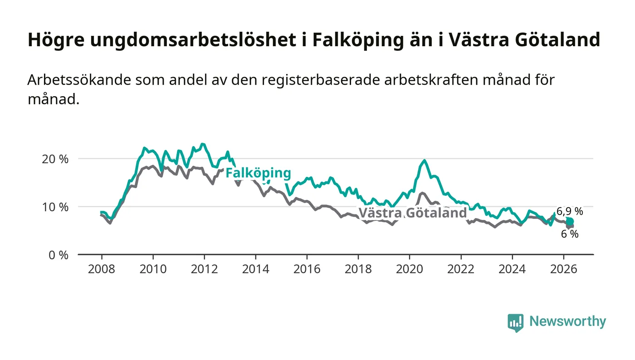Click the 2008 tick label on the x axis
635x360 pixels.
tap(102, 269)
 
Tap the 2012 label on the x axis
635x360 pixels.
tap(204, 269)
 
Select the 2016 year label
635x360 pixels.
tap(307, 269)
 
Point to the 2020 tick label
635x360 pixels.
tap(409, 269)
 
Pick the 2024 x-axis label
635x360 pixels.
tap(512, 269)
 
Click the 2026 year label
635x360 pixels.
tap(563, 269)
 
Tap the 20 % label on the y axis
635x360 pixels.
tap(55, 159)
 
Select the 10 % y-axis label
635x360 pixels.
tap(55, 207)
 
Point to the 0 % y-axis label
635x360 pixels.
tap(59, 255)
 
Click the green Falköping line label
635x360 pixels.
tap(258, 173)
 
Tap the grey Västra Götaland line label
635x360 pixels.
tap(413, 213)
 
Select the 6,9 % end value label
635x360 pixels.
tap(570, 211)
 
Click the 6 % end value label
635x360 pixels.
tap(570, 234)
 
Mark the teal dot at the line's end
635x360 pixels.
tap(570, 221)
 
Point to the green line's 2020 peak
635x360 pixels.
tap(425, 161)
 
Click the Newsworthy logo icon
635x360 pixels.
tap(516, 323)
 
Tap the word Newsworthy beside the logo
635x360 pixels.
tap(568, 321)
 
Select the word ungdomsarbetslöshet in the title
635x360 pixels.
tap(193, 40)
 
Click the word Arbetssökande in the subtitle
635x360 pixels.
tap(79, 80)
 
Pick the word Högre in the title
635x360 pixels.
tap(56, 40)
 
